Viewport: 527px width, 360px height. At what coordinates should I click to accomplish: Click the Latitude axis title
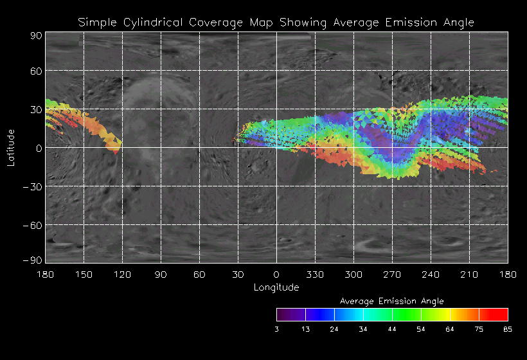coord(10,147)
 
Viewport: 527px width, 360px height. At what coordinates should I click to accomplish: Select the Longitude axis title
coord(276,287)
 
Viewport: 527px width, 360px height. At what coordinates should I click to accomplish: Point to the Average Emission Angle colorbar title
coord(391,301)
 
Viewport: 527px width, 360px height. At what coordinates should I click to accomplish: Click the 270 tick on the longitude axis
coord(392,274)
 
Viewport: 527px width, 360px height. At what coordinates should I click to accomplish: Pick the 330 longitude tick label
coord(315,274)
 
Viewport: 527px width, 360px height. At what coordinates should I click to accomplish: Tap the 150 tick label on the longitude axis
coord(84,274)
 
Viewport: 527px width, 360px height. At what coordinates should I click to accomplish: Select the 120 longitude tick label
coord(122,274)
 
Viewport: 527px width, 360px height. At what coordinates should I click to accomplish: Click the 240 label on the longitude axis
coord(431,274)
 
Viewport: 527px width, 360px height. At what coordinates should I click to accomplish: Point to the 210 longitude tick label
coord(469,274)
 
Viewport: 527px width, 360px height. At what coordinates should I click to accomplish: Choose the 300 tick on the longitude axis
coord(353,274)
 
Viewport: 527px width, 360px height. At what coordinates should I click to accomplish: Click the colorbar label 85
coord(508,328)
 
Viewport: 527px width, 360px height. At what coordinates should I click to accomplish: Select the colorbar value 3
coord(276,328)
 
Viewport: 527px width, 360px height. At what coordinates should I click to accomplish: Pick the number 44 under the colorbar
coord(392,328)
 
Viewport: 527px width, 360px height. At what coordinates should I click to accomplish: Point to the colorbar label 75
coord(479,328)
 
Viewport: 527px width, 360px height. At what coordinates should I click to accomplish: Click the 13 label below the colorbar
coord(305,328)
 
